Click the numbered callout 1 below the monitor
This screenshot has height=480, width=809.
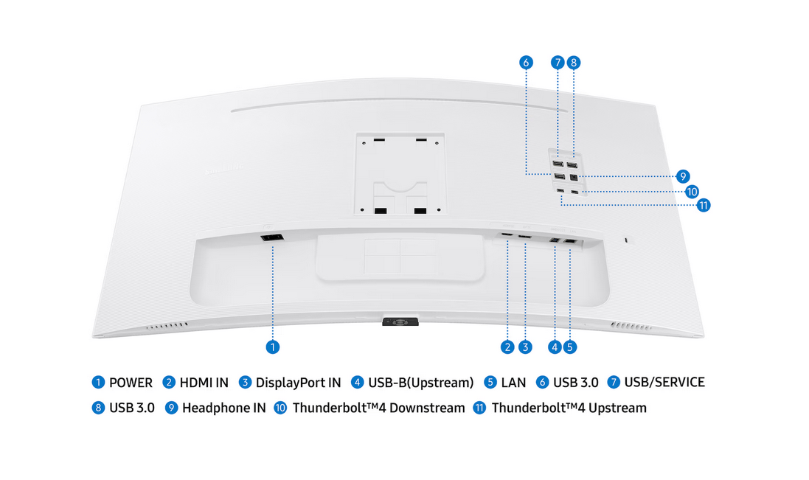(272, 347)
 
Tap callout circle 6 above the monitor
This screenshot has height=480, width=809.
(526, 63)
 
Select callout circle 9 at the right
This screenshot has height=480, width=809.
(683, 176)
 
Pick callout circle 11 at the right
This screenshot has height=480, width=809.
(704, 205)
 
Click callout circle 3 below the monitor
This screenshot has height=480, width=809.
(525, 347)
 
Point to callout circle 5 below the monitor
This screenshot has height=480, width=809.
(569, 347)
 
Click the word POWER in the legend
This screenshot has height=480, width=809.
(131, 383)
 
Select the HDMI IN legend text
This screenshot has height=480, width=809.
(204, 383)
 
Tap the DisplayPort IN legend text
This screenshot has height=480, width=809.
(298, 383)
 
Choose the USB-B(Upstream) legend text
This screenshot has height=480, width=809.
(420, 383)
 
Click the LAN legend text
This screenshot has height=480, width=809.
(513, 383)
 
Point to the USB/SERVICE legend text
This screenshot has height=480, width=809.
(664, 382)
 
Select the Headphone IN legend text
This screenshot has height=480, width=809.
(224, 408)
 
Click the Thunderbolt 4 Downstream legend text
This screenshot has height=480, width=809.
(379, 408)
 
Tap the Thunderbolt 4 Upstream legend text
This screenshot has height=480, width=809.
(569, 408)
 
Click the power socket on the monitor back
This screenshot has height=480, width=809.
(272, 237)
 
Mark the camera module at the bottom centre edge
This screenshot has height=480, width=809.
(400, 321)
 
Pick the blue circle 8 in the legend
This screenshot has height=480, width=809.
(98, 408)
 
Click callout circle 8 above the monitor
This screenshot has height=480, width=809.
(573, 63)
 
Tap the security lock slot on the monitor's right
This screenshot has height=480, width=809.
(626, 240)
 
